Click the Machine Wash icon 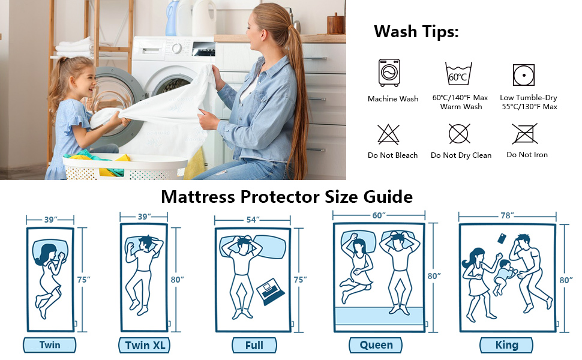pyautogui.click(x=389, y=73)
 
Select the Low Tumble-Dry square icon pyautogui.click(x=524, y=74)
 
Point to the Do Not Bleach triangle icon pyautogui.click(x=389, y=134)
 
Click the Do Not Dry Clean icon pyautogui.click(x=460, y=133)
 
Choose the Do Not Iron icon pyautogui.click(x=524, y=133)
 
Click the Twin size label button pyautogui.click(x=50, y=345)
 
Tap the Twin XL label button pyautogui.click(x=146, y=346)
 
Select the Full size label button pyautogui.click(x=255, y=346)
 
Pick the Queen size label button pyautogui.click(x=376, y=345)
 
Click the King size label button pyautogui.click(x=507, y=345)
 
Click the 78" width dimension pyautogui.click(x=507, y=215)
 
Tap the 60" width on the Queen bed pyautogui.click(x=377, y=215)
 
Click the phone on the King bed pyautogui.click(x=501, y=239)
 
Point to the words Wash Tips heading pyautogui.click(x=416, y=31)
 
